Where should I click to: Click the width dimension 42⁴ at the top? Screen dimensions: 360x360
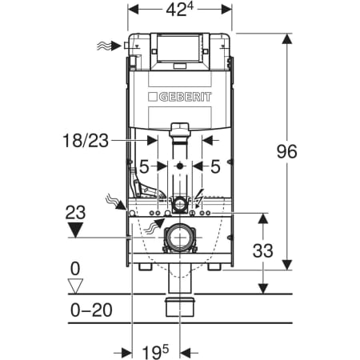pyautogui.click(x=179, y=10)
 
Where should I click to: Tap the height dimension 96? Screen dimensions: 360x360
pyautogui.click(x=286, y=151)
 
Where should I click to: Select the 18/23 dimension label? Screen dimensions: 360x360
pyautogui.click(x=86, y=141)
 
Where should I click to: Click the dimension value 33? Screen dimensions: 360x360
pyautogui.click(x=262, y=250)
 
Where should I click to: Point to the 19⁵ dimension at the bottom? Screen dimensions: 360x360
pyautogui.click(x=155, y=352)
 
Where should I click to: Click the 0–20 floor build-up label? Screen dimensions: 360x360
pyautogui.click(x=91, y=310)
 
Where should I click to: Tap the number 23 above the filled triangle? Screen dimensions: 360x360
pyautogui.click(x=75, y=212)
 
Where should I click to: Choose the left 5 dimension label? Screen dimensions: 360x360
pyautogui.click(x=144, y=167)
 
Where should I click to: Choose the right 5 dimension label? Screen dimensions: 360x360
pyautogui.click(x=215, y=167)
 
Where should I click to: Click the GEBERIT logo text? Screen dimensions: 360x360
pyautogui.click(x=185, y=97)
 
